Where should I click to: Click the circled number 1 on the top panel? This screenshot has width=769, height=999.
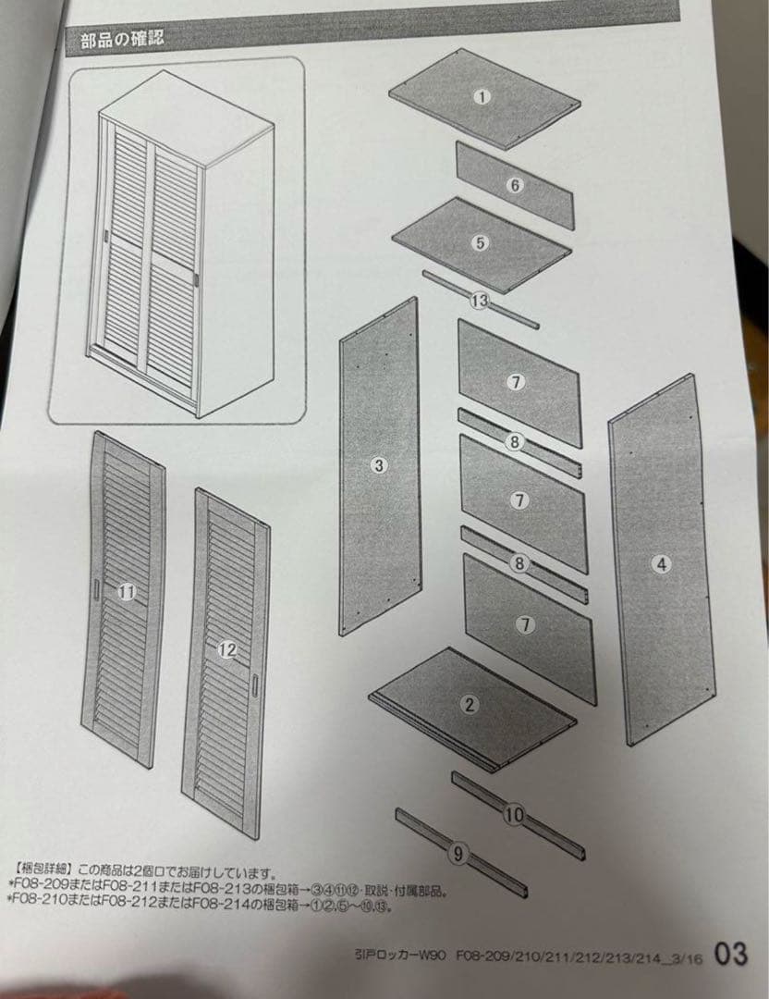click(481, 96)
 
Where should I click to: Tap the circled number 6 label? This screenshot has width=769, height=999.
click(515, 185)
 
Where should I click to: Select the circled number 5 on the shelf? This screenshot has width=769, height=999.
click(480, 243)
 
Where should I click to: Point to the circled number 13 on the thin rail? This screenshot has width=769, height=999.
click(479, 301)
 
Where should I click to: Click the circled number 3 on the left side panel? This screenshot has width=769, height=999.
click(378, 465)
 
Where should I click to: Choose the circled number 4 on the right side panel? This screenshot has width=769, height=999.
click(662, 564)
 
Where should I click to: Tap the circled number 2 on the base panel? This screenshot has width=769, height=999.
click(470, 705)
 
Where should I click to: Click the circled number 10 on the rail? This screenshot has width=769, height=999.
click(515, 815)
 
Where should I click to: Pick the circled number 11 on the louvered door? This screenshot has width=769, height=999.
click(128, 593)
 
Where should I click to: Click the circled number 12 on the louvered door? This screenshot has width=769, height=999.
click(227, 649)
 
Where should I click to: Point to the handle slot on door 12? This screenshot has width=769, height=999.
click(254, 685)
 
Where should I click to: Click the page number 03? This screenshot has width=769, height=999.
click(730, 954)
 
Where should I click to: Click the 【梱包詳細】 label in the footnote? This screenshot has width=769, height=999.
click(43, 870)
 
